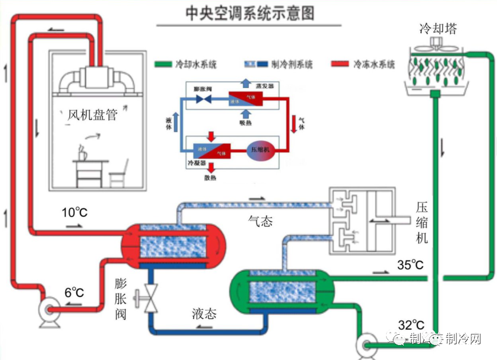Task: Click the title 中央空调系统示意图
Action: [x=250, y=13]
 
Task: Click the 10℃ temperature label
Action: [x=74, y=213]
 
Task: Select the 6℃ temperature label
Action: [x=74, y=292]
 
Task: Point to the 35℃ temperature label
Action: [x=410, y=265]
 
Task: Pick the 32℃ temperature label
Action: [x=411, y=325]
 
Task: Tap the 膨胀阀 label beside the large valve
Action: [x=120, y=299]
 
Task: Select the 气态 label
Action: [x=260, y=221]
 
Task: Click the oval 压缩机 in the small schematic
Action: [x=261, y=150]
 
